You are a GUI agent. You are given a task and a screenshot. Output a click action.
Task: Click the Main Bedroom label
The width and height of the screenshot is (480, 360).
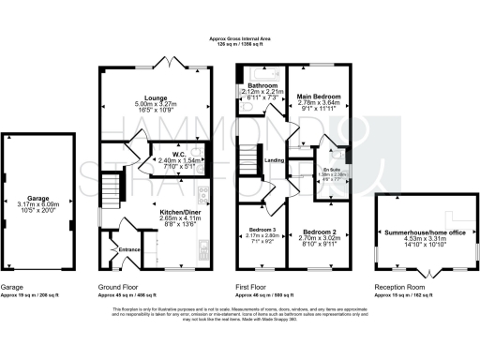pyautogui.click(x=320, y=97)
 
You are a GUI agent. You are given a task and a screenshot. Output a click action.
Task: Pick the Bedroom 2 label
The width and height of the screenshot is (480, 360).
pyautogui.click(x=320, y=230)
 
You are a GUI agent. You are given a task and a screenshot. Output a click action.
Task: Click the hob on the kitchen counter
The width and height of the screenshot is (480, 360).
pyautogui.click(x=204, y=197)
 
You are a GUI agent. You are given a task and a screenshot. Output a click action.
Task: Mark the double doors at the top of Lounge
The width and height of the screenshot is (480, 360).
pyautogui.click(x=167, y=66)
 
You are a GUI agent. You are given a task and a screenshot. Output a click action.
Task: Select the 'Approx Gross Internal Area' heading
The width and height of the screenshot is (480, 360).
pyautogui.click(x=239, y=39)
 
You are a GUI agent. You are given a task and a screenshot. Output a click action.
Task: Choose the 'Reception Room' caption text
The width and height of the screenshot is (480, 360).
pyautogui.click(x=397, y=287)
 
